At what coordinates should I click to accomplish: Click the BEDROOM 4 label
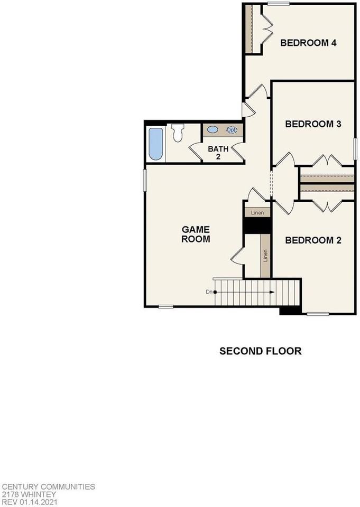pyautogui.click(x=308, y=43)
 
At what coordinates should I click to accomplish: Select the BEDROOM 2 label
pyautogui.click(x=312, y=240)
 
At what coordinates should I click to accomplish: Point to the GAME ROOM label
pyautogui.click(x=196, y=234)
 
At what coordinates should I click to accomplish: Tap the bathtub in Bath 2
pyautogui.click(x=156, y=144)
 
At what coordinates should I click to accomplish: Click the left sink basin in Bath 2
pyautogui.click(x=213, y=129)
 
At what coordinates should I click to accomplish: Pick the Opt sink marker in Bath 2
pyautogui.click(x=232, y=129)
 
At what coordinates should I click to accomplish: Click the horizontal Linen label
pyautogui.click(x=257, y=212)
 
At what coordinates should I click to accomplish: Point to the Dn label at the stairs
pyautogui.click(x=209, y=292)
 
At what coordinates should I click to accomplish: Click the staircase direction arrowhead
pyautogui.click(x=271, y=292)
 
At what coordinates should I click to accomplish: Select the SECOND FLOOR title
pyautogui.click(x=261, y=351)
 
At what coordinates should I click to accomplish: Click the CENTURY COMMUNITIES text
pyautogui.click(x=48, y=486)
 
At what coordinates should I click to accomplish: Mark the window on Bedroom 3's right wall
pyautogui.click(x=354, y=147)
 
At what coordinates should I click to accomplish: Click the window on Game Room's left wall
pyautogui.click(x=145, y=180)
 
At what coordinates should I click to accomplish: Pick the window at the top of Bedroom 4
pyautogui.click(x=278, y=4)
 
